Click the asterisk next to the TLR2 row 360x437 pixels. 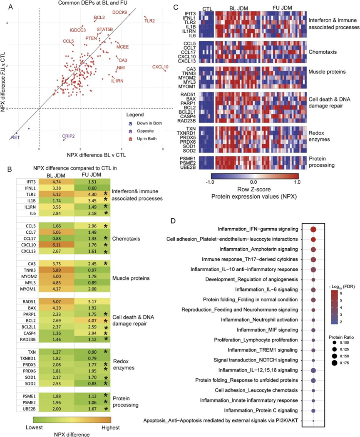117,194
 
